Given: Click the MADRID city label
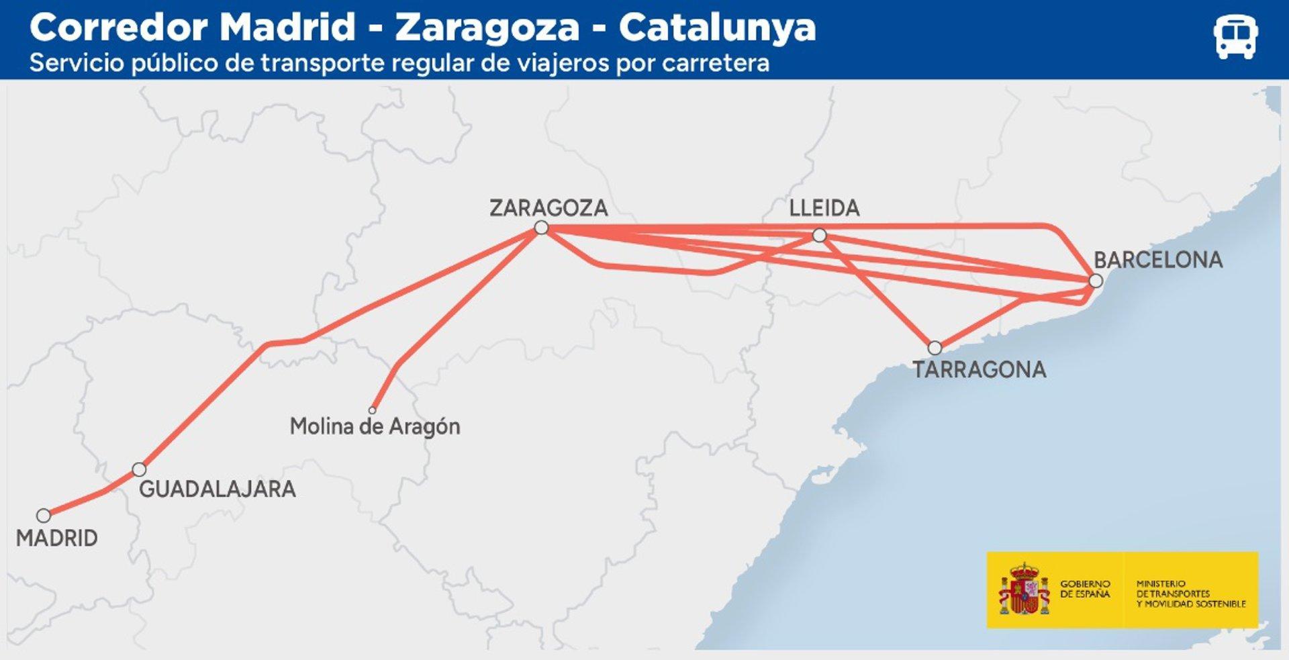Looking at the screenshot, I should pos(57,538).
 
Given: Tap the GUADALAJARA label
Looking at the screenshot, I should pos(217,489).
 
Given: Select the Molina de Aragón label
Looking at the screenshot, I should pos(375,426).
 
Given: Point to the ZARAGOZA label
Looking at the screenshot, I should pos(548,208).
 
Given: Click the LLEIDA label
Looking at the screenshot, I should pos(824,208).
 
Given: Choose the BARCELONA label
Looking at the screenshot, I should pos(1158,260).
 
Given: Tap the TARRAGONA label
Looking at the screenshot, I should pos(979,369).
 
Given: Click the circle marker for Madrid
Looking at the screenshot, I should pos(44,516).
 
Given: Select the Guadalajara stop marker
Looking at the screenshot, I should pos(139,469).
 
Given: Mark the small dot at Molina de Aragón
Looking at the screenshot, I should pos(373,410).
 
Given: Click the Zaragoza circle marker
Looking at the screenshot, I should pos(541,228).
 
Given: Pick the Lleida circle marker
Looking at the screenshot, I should pos(819,235).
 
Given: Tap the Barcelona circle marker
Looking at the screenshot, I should pos(1096,281).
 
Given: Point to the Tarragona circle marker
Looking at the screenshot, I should pos(935,348).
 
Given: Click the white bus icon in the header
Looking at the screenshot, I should pos(1235,37).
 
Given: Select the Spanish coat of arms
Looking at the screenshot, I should pos(1023,590).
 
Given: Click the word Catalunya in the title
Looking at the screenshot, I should pos(717,28).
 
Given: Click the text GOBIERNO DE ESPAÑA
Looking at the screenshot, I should pos(1085,589).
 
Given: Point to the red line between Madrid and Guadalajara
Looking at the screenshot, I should pos(91,498).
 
